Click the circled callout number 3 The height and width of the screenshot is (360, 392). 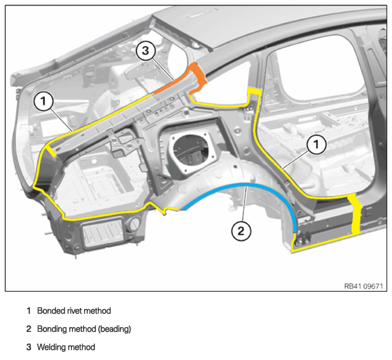coord(145,51)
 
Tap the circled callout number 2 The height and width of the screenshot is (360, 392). coord(241,231)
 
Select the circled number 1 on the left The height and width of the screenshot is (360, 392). coord(43,101)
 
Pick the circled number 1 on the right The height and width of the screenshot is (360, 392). coord(316,144)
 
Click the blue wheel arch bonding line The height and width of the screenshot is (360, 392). coord(246,185)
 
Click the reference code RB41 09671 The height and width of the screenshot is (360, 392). coord(363,286)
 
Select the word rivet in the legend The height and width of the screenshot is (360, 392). coord(75,311)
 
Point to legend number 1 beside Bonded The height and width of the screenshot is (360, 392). coord(29,311)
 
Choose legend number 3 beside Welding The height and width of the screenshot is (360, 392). coord(29,347)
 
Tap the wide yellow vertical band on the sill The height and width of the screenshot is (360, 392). coord(355,214)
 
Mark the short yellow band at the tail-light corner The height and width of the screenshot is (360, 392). coord(51,151)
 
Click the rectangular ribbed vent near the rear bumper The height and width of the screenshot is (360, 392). coord(103,233)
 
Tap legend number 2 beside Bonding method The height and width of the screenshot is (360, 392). coord(29,329)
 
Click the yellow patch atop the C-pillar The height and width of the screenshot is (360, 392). coord(254,91)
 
